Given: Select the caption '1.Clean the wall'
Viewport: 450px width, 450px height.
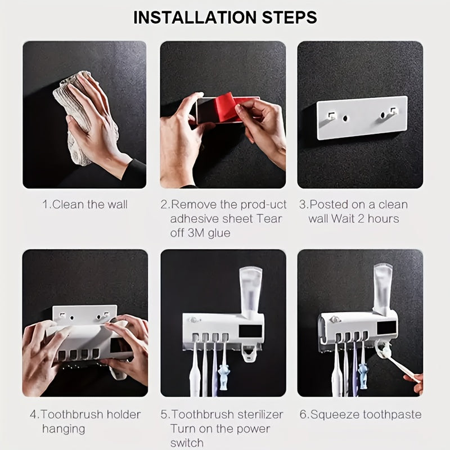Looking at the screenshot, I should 85,204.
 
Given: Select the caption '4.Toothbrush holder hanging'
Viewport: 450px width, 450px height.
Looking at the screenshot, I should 84,421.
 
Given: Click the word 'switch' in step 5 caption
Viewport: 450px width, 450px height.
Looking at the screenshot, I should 187,443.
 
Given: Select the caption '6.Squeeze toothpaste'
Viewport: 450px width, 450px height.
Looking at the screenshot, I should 360,415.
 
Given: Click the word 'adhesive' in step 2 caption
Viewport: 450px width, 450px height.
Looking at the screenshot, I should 196,219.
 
